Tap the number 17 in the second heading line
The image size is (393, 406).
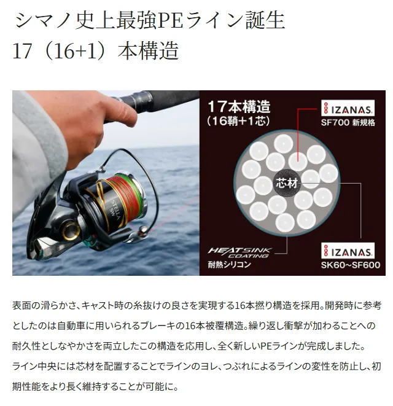21,50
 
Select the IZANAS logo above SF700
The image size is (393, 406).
348,109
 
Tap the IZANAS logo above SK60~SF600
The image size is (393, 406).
348,251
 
